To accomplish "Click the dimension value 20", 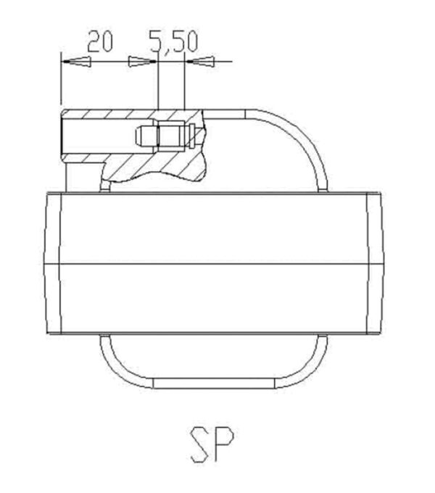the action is click(99, 41).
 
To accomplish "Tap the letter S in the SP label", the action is click(200, 444).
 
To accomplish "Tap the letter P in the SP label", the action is click(223, 443).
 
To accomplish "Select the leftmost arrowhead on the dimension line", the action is click(76, 62).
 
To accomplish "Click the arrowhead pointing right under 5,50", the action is click(142, 62).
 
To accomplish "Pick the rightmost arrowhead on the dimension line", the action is click(200, 61).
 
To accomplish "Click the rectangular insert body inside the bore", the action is click(170, 136).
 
